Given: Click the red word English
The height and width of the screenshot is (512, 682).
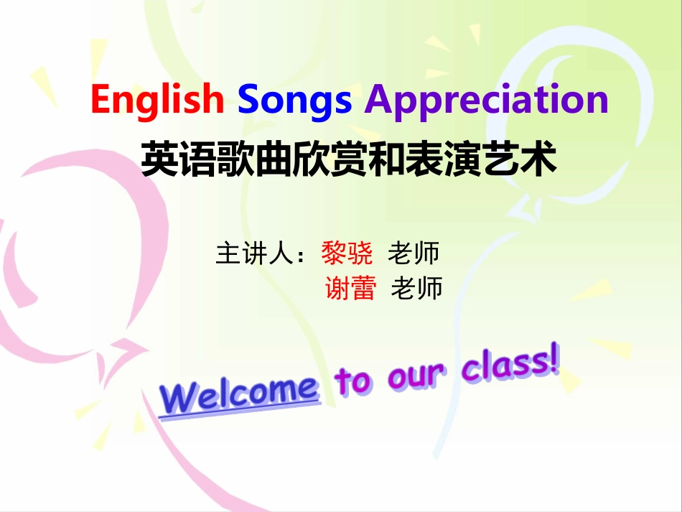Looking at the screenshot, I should coord(157,101).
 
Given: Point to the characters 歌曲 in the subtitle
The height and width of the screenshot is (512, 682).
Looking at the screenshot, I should coord(254,159).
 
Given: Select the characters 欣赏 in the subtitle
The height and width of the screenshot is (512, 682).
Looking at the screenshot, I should coord(330,159).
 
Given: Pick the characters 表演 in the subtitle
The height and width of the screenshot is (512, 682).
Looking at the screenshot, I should coord(443,159).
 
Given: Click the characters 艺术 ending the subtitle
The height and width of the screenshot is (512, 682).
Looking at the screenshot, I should coord(519,159).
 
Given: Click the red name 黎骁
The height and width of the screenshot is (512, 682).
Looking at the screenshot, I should coord(347,253).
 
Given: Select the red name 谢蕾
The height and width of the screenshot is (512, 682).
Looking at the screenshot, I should coord(350,288).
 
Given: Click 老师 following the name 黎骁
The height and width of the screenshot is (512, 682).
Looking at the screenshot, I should coord(413,253).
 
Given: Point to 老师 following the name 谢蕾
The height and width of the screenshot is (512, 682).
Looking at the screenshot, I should coord(416,288).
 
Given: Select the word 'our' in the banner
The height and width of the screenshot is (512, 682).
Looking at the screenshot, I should coord(416,375).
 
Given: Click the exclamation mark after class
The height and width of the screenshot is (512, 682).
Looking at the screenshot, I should coord(552,359).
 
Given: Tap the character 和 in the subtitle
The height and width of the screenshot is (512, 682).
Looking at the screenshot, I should coord(386,159).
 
